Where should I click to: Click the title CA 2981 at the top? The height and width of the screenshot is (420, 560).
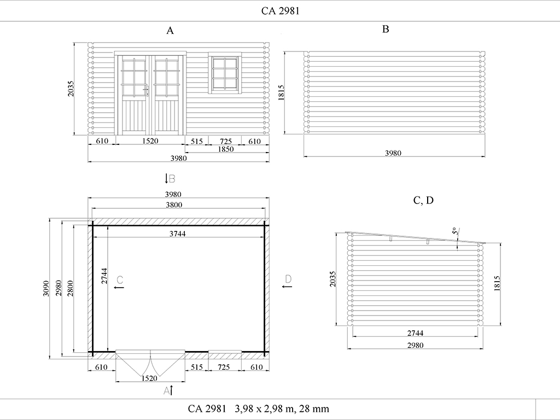281,11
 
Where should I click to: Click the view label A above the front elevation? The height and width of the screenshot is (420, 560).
170,31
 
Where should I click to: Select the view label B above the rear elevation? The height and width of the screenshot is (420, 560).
386,29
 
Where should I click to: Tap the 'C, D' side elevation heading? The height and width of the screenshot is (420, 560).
423,200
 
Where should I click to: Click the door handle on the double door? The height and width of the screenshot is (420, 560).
147,91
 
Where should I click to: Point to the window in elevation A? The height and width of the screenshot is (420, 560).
225,73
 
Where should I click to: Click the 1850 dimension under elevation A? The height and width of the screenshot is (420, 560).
226,149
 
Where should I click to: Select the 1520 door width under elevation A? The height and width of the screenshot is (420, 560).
150,141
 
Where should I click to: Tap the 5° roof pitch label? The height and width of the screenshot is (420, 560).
455,231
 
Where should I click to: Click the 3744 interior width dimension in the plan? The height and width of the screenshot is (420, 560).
178,234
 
